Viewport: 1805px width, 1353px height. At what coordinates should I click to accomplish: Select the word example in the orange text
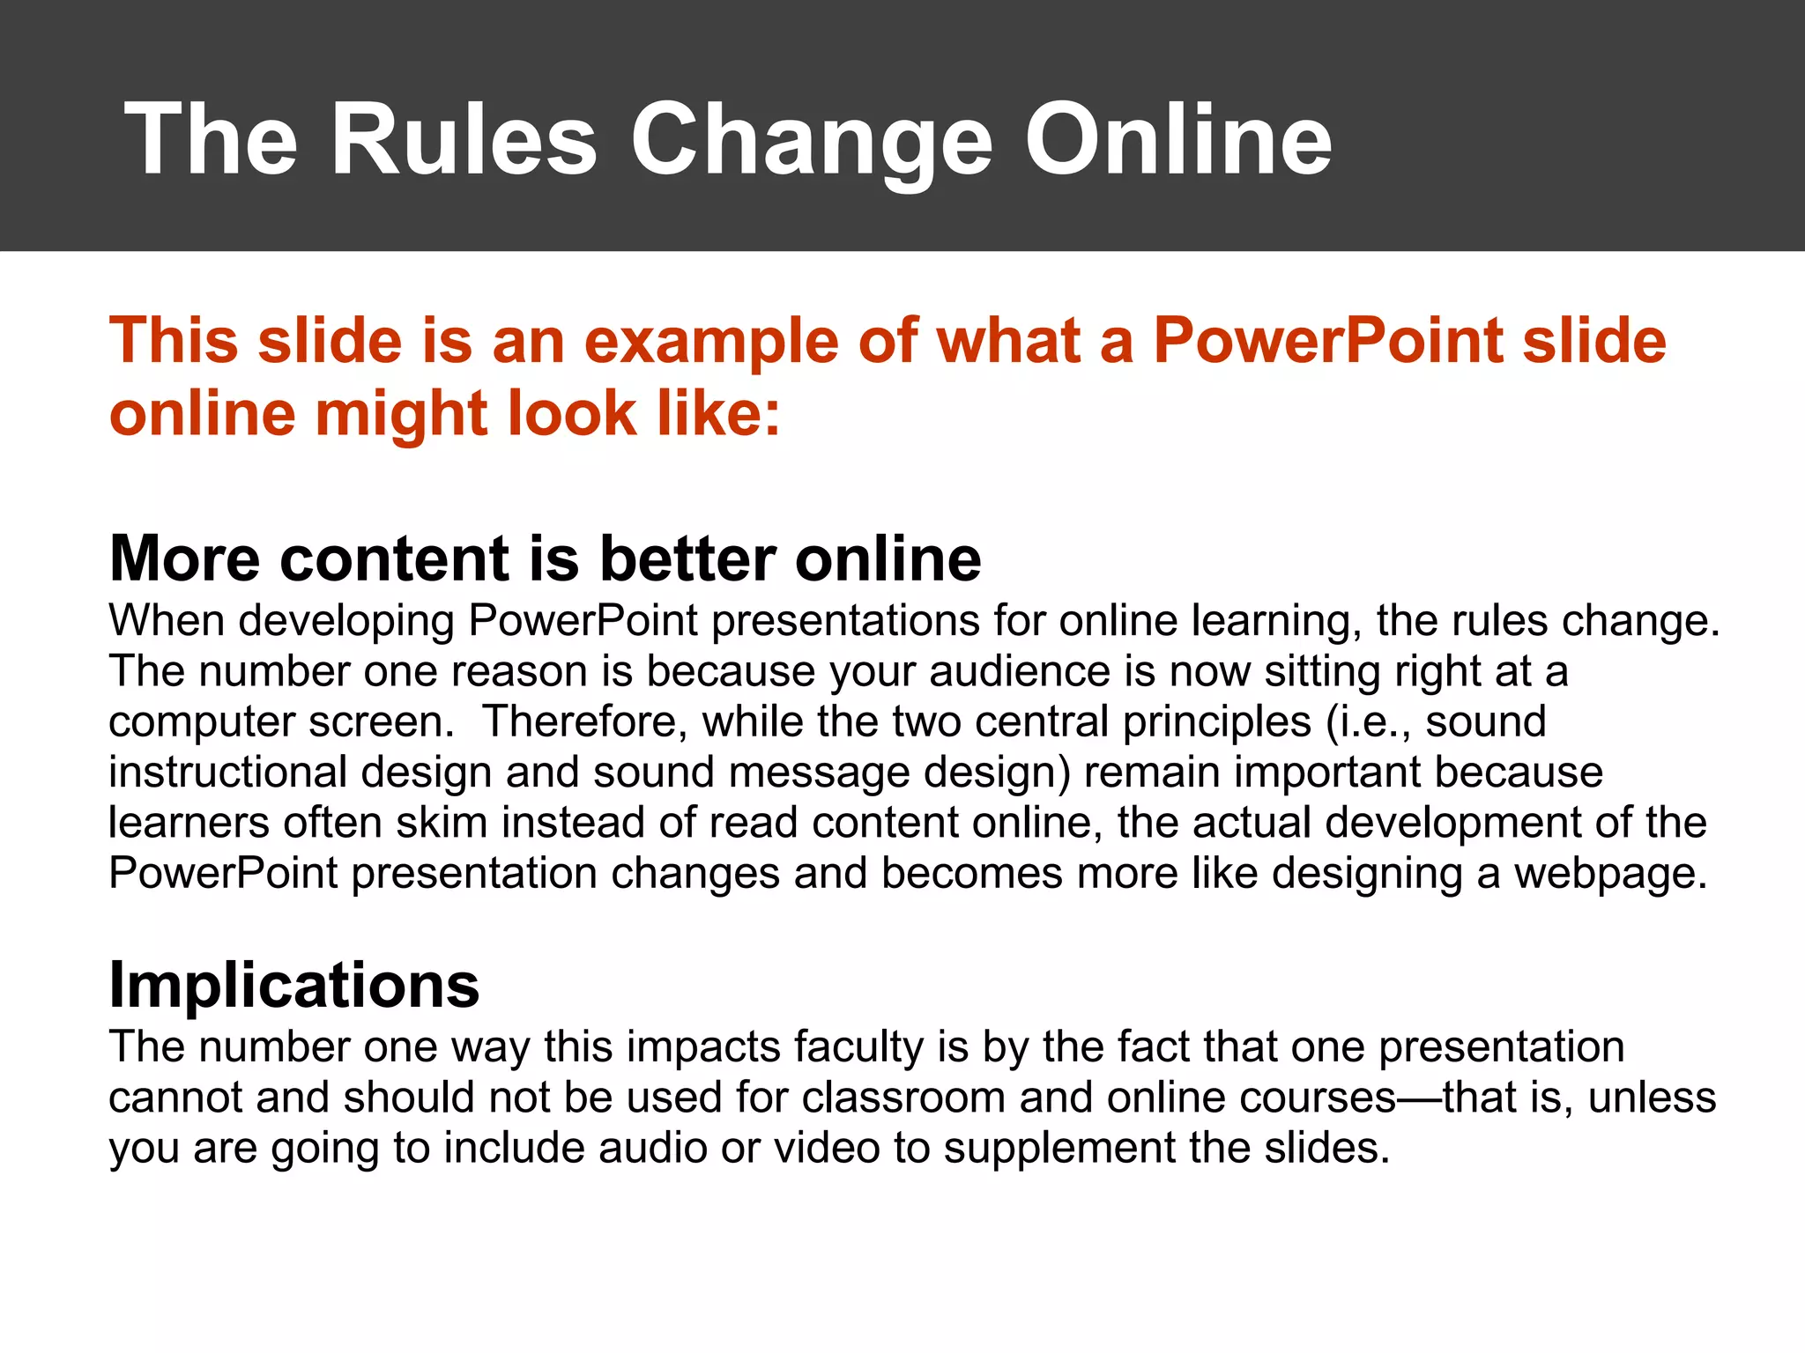(710, 342)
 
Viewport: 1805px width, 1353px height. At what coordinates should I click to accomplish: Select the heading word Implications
(293, 984)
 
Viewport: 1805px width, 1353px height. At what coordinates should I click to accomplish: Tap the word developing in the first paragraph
(346, 621)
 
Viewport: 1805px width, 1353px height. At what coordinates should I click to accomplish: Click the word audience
(1019, 671)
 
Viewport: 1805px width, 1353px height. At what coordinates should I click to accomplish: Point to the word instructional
(227, 772)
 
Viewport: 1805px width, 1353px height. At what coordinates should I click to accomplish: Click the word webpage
(1610, 873)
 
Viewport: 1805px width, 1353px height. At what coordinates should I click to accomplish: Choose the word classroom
(903, 1098)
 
